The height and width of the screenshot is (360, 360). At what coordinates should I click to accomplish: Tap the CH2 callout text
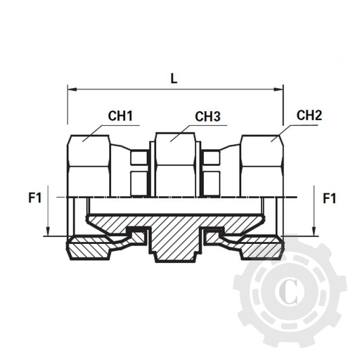[309, 115]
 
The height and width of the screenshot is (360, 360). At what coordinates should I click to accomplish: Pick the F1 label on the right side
[328, 199]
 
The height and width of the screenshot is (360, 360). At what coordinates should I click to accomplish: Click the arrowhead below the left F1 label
[46, 231]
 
